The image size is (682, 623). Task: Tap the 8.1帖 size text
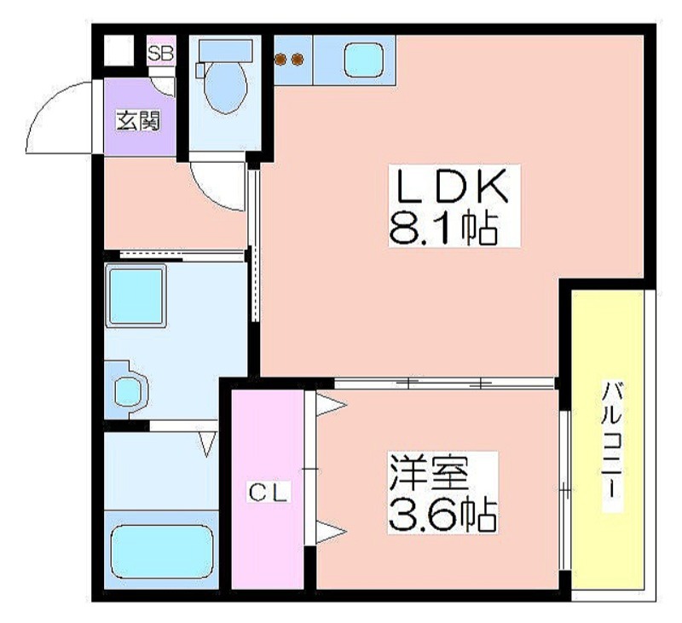pos(443,228)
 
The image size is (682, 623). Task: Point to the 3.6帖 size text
pos(442,515)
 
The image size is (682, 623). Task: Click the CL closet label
pos(269,493)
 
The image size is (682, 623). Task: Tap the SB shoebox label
pos(161,54)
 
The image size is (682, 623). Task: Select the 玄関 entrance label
pos(138,121)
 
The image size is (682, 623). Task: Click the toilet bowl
pos(226,88)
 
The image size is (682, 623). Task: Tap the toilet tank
pos(225,50)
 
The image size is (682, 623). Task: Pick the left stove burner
pos(281,59)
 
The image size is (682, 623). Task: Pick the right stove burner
pos(298,59)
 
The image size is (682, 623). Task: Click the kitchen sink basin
pos(364,60)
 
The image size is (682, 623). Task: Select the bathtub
pos(162,551)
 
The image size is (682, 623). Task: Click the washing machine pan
pos(136,296)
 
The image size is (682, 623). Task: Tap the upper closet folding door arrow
pos(331,405)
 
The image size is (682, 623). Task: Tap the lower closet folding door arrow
pos(331,531)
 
